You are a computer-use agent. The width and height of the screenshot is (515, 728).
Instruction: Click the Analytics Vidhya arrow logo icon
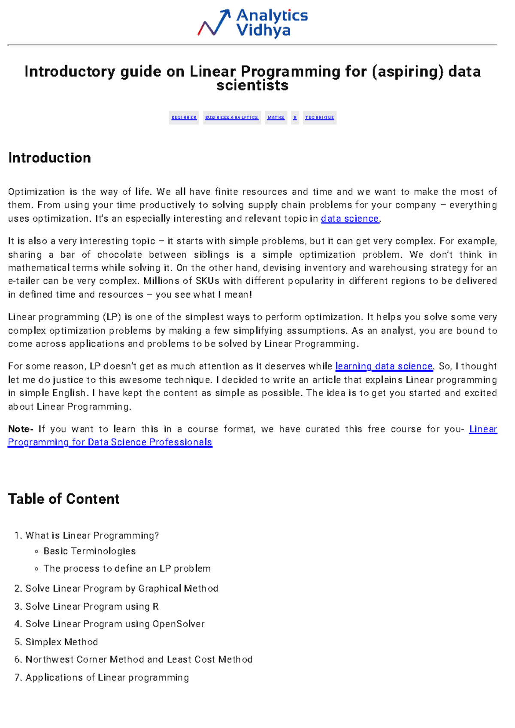(x=214, y=23)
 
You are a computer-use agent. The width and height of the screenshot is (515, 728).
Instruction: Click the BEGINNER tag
(x=184, y=117)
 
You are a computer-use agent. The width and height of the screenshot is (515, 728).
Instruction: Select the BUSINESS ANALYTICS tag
(x=232, y=117)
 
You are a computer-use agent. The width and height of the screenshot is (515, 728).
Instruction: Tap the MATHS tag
(x=276, y=117)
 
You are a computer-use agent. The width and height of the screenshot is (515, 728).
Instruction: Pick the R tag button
(x=295, y=117)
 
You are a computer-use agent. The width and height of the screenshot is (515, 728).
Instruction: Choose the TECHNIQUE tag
(x=319, y=117)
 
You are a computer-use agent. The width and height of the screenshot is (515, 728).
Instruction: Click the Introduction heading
(x=50, y=158)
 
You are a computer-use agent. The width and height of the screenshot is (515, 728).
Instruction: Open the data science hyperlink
(x=350, y=219)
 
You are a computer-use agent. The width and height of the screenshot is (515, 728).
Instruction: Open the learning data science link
(x=384, y=366)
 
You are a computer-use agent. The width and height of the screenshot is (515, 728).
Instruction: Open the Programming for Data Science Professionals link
(x=110, y=442)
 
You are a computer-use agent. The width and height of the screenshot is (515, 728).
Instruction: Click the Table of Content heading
(x=64, y=499)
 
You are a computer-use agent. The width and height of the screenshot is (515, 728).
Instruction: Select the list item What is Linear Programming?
(x=92, y=535)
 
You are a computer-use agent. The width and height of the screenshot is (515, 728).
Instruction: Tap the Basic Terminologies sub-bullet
(x=90, y=551)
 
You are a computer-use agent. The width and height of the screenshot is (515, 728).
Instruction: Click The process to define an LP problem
(x=127, y=569)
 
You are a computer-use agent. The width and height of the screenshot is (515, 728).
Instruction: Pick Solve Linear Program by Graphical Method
(x=122, y=589)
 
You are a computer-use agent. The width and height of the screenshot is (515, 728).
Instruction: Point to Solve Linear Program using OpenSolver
(x=115, y=624)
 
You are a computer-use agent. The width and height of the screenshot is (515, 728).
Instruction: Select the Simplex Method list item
(x=62, y=642)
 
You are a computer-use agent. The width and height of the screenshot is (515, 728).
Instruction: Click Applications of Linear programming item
(x=107, y=678)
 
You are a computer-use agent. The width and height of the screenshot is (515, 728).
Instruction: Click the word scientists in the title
(x=252, y=86)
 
